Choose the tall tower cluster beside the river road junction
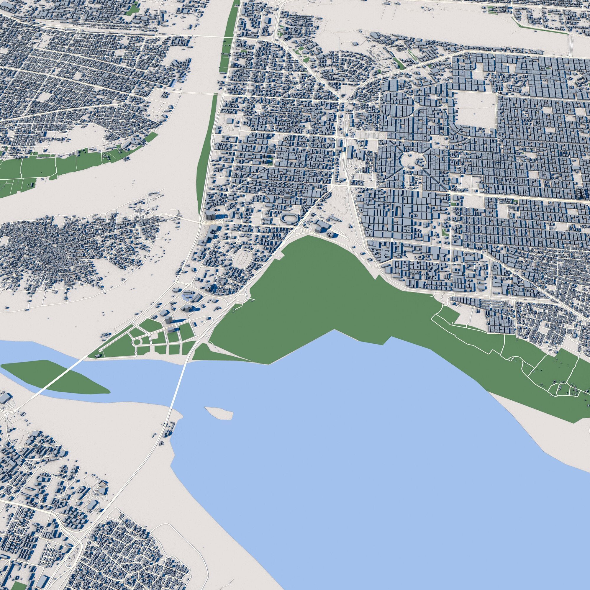210,215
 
